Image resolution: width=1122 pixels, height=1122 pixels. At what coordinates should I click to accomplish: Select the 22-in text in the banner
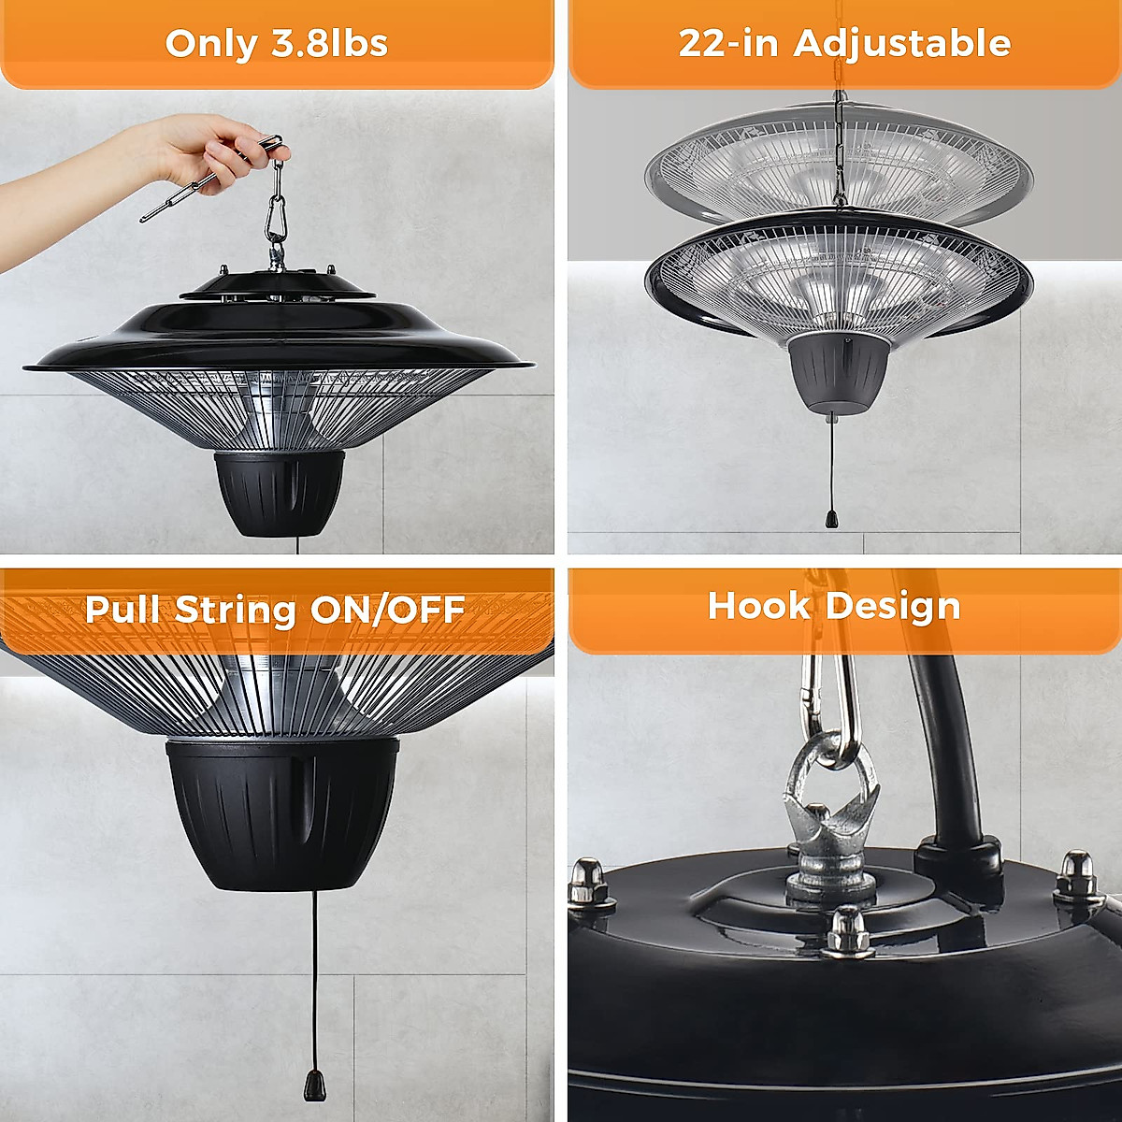728,44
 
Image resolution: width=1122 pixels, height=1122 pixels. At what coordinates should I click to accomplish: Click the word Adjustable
902,44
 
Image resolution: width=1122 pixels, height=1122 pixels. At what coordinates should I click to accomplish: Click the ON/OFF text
387,610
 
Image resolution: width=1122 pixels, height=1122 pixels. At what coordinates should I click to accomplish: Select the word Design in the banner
892,606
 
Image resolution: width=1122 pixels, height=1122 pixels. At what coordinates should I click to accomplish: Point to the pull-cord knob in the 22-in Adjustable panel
830,518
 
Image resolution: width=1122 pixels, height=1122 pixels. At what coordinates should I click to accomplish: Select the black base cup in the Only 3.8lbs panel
278,493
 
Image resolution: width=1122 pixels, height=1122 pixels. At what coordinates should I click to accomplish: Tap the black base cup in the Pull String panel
282,813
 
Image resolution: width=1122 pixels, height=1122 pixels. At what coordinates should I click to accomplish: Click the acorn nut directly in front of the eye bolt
847,929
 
